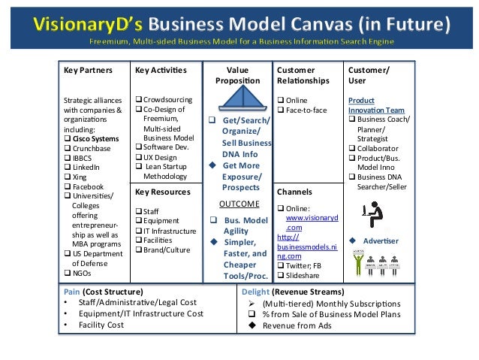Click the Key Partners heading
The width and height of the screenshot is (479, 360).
point(88,70)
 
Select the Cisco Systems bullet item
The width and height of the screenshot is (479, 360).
point(95,138)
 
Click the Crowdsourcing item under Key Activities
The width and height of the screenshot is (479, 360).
point(167,99)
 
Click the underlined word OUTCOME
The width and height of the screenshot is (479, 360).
point(239,204)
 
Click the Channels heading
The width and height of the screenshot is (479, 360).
point(296,192)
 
